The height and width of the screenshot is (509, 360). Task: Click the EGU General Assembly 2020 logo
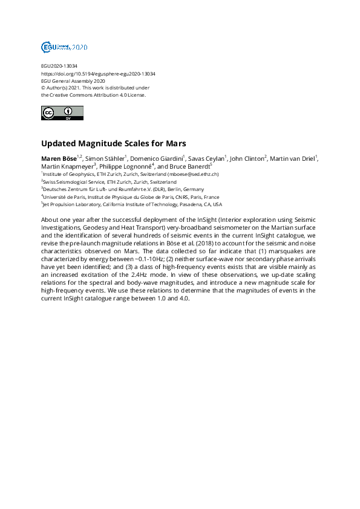click(x=64, y=47)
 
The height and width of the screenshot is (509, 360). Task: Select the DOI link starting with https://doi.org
click(x=98, y=74)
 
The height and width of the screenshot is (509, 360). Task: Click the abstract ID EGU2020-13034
click(x=59, y=66)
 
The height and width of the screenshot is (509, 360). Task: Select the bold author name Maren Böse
click(x=58, y=158)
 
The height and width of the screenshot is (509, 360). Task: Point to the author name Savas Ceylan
click(x=207, y=158)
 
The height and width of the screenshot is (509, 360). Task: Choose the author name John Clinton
click(x=247, y=158)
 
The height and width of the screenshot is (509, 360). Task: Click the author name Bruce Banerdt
click(x=189, y=166)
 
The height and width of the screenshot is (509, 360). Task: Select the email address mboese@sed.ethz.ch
click(x=192, y=174)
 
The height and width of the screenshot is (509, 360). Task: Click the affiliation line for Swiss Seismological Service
click(x=110, y=181)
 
